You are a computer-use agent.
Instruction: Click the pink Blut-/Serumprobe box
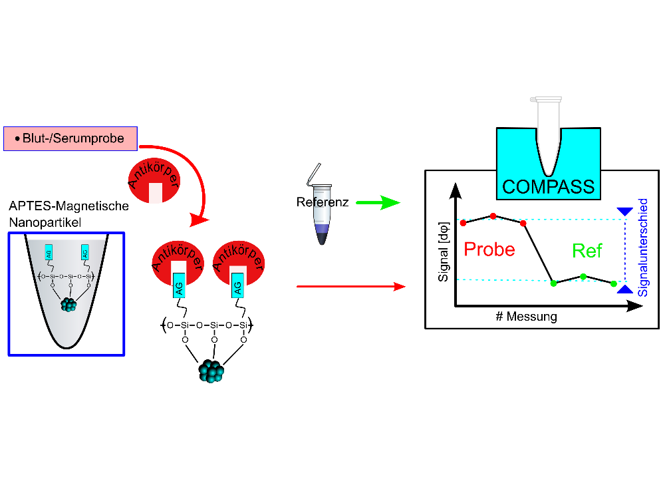(70, 138)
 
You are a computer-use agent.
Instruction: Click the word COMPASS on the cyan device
(549, 187)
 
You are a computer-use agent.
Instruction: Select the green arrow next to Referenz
(378, 203)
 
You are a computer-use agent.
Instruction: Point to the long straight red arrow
(351, 286)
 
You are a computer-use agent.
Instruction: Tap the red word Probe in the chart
(489, 249)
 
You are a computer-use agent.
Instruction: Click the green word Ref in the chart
(587, 251)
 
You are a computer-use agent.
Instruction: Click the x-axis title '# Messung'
(526, 317)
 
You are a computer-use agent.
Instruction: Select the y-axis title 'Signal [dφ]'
(443, 251)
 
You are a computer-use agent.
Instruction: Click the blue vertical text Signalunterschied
(643, 248)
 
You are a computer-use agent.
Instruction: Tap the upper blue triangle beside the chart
(624, 212)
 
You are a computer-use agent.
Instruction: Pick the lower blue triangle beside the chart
(624, 289)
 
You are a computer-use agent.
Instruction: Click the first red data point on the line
(463, 223)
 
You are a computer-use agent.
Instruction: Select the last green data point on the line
(614, 283)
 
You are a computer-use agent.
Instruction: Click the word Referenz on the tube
(323, 202)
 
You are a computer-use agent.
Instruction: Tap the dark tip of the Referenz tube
(323, 239)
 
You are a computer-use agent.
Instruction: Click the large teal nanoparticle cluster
(211, 371)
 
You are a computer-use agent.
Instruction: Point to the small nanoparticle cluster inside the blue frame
(68, 304)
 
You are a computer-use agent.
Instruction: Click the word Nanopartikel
(45, 222)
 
